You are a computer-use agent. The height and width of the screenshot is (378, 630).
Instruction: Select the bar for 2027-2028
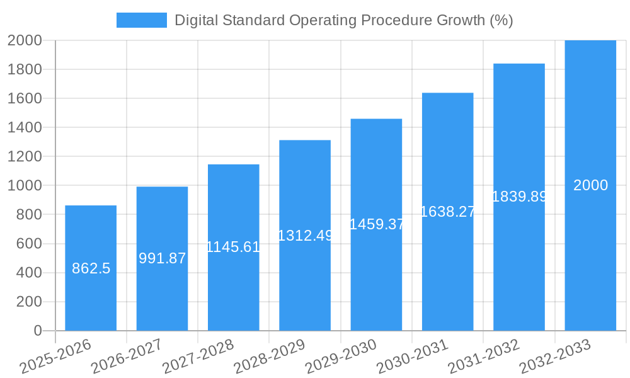233,290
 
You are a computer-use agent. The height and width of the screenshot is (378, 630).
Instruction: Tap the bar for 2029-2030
376,277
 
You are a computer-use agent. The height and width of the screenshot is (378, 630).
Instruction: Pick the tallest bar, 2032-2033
590,252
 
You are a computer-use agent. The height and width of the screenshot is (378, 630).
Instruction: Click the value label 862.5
91,268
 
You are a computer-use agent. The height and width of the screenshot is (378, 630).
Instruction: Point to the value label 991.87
162,258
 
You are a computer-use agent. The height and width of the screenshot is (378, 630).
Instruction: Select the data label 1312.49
305,235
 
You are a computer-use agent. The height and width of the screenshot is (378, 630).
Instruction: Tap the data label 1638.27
447,212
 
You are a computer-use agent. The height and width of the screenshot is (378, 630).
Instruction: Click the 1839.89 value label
519,197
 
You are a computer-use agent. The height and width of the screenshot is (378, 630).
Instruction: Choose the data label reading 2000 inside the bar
590,185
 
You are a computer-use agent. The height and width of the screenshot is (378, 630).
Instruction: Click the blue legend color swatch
142,20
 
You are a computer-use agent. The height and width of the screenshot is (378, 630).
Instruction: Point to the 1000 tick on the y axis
25,185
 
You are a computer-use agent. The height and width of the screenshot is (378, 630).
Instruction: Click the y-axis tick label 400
25,273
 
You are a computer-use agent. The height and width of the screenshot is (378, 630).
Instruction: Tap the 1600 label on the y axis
25,98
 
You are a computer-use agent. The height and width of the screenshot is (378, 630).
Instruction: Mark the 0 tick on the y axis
38,331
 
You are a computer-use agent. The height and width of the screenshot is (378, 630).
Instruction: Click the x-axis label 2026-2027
127,357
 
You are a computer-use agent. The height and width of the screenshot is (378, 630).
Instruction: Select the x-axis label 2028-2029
270,357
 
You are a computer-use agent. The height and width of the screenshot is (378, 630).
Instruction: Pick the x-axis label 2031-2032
484,357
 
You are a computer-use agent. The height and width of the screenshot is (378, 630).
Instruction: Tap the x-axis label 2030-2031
413,357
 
